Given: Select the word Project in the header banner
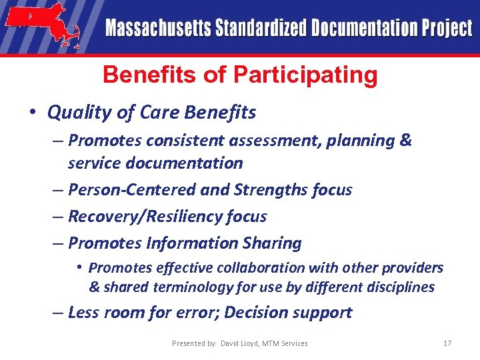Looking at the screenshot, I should coord(446,29).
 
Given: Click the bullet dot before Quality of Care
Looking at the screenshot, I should coord(33,113).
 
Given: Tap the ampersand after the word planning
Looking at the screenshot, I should coord(406,141).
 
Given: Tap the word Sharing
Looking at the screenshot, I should coord(274,243).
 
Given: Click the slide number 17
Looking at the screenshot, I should coord(447,343).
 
